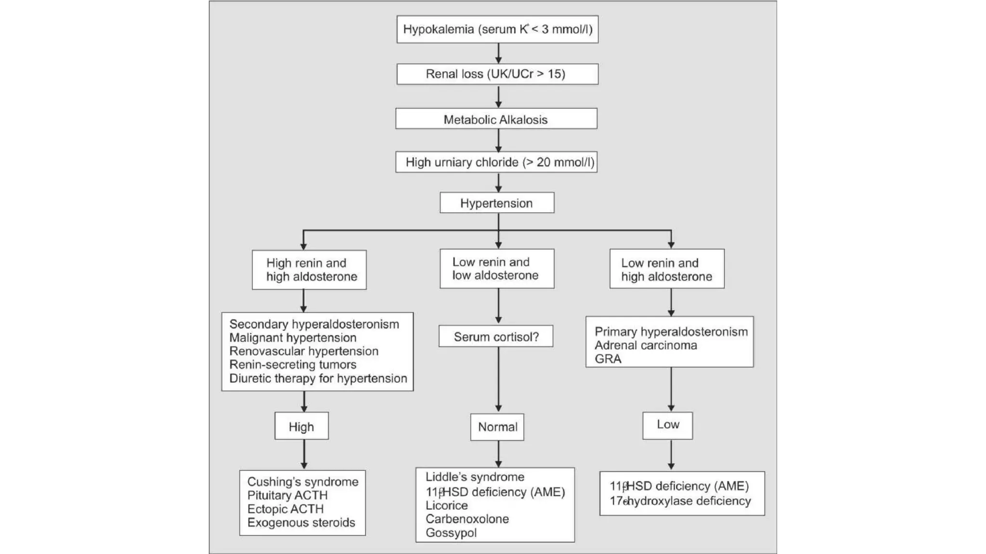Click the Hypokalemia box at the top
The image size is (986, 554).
click(x=497, y=29)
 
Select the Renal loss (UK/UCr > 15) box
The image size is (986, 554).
click(x=497, y=74)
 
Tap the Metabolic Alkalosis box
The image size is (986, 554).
click(x=496, y=119)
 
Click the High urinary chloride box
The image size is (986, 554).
click(x=496, y=162)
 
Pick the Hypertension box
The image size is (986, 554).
click(x=497, y=203)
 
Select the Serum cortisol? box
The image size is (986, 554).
click(x=496, y=337)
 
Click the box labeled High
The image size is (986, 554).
click(x=301, y=426)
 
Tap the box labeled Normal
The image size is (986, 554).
click(x=497, y=427)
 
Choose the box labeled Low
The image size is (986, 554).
click(x=668, y=425)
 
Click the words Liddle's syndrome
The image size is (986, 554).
click(x=475, y=477)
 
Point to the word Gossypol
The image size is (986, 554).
click(x=451, y=533)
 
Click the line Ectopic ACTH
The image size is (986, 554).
click(x=285, y=509)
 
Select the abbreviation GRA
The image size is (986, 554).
click(x=608, y=359)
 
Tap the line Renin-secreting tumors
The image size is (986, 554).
click(x=293, y=365)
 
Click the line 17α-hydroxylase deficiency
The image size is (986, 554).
click(x=680, y=501)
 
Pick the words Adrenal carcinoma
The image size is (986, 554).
click(x=646, y=345)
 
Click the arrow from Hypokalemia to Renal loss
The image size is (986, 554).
click(x=498, y=53)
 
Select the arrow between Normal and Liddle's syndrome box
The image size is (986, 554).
click(x=498, y=453)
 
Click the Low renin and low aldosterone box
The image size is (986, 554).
click(x=497, y=269)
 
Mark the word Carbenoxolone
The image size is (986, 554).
click(x=467, y=519)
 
